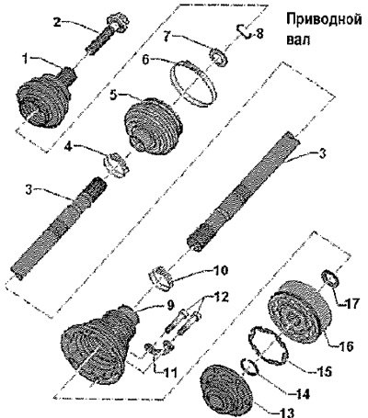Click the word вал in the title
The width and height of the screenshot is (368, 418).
pyautogui.click(x=298, y=40)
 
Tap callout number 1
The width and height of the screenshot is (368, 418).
pyautogui.click(x=26, y=59)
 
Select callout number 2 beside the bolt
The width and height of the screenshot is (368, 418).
pyautogui.click(x=57, y=22)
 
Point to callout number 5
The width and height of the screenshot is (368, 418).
pyautogui.click(x=114, y=95)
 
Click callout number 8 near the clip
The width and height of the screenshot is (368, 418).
pyautogui.click(x=259, y=33)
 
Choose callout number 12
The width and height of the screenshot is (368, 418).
pyautogui.click(x=221, y=297)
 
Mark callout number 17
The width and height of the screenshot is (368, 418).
pyautogui.click(x=350, y=303)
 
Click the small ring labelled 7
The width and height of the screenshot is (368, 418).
pyautogui.click(x=218, y=58)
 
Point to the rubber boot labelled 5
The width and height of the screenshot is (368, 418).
pyautogui.click(x=154, y=125)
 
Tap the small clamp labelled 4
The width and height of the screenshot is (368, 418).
pyautogui.click(x=116, y=165)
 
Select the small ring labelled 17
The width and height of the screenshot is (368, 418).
pyautogui.click(x=330, y=278)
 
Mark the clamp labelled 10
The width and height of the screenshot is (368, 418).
pyautogui.click(x=161, y=278)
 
